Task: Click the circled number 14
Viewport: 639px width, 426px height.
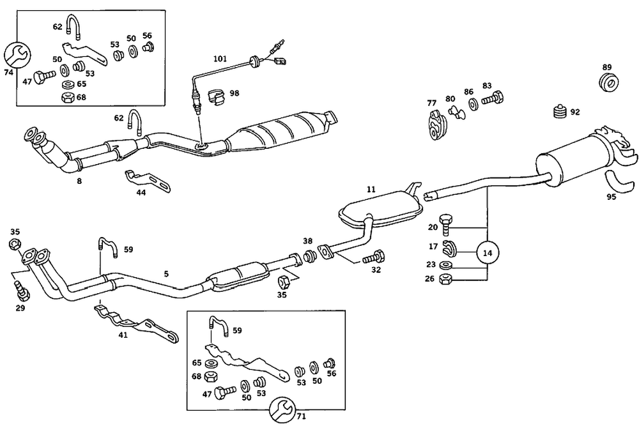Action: [x=488, y=252]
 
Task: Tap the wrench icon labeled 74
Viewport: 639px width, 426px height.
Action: [x=17, y=54]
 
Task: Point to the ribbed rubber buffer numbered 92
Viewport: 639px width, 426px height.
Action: [x=559, y=112]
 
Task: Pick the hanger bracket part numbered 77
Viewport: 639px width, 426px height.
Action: [x=435, y=124]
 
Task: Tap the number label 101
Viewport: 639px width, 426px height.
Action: [x=220, y=59]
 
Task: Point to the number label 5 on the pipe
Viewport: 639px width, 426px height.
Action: [x=166, y=273]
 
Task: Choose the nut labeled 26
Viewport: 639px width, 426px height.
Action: [x=447, y=278]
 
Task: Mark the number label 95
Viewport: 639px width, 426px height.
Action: [x=611, y=197]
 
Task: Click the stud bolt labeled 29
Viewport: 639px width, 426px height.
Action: [x=22, y=291]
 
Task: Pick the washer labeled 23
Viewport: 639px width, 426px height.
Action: [x=447, y=264]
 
